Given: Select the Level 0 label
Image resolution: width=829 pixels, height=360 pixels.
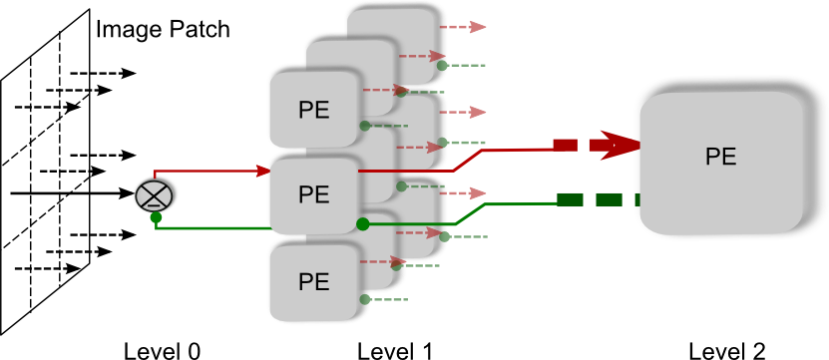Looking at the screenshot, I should click(162, 350).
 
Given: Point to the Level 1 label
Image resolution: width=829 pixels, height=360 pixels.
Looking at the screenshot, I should click(395, 350).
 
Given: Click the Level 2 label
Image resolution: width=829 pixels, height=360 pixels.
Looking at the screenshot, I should click(727, 350).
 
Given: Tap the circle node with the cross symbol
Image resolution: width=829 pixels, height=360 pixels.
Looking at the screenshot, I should click(156, 192).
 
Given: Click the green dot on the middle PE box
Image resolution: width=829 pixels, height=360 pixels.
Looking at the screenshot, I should click(362, 221).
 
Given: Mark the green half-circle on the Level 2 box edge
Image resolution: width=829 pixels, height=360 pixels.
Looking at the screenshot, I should click(635, 199).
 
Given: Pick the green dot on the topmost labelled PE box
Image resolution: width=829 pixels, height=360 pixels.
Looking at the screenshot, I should click(365, 126).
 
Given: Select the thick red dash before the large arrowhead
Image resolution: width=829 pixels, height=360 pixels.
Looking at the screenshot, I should click(566, 146).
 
